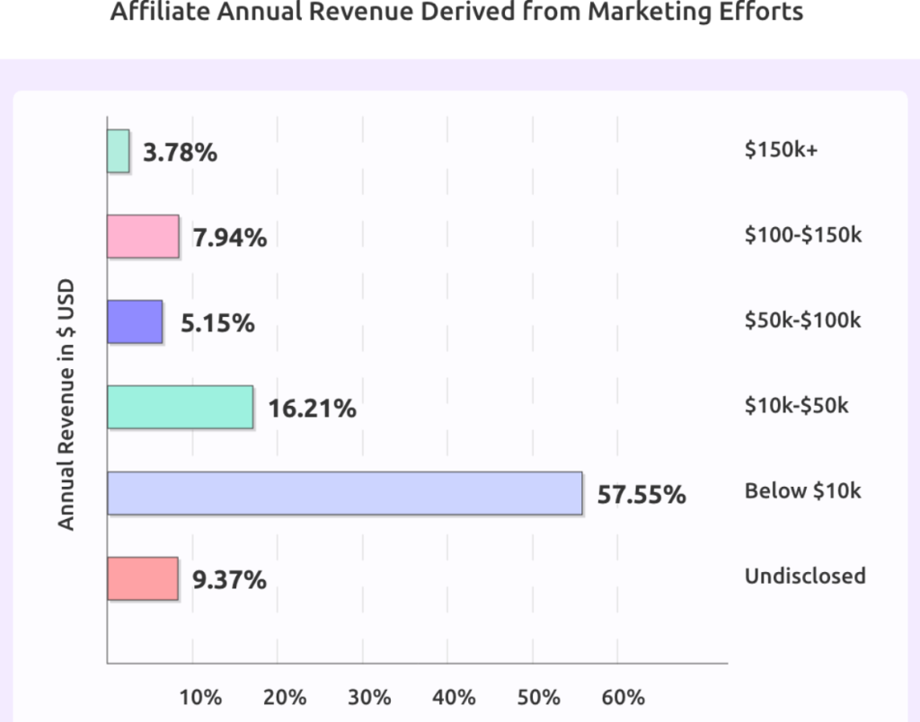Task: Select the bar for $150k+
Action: coord(119,151)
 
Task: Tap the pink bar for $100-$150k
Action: coord(143,236)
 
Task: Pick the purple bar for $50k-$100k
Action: coord(135,321)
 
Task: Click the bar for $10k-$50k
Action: coord(180,407)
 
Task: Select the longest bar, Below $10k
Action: coord(344,493)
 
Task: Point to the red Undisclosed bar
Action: coord(142,578)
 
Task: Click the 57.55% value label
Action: coord(641,494)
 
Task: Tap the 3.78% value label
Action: coord(181,153)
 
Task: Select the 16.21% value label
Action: coord(312,409)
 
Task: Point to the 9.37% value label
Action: coord(229,580)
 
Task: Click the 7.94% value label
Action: coord(229,238)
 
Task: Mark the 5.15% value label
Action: coord(217,323)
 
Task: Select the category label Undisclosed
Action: coord(805,577)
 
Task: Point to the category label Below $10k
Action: coord(803,491)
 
